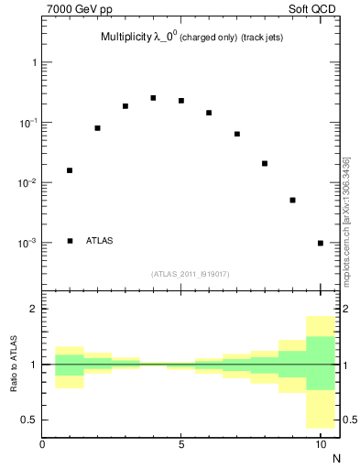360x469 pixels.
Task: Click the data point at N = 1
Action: tap(70, 170)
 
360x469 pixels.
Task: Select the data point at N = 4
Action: tap(153, 98)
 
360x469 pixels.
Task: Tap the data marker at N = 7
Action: tap(237, 134)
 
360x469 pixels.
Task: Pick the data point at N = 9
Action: tap(292, 200)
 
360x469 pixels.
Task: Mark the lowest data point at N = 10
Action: tap(321, 243)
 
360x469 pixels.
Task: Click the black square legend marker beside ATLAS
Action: tap(70, 241)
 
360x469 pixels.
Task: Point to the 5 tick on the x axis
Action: tap(181, 444)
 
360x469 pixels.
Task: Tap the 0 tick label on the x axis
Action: tap(42, 444)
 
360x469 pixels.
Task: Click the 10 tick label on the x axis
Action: tap(321, 444)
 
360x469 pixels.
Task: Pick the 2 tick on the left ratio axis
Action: tap(32, 309)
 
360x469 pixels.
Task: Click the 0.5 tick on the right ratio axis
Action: tap(349, 420)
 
